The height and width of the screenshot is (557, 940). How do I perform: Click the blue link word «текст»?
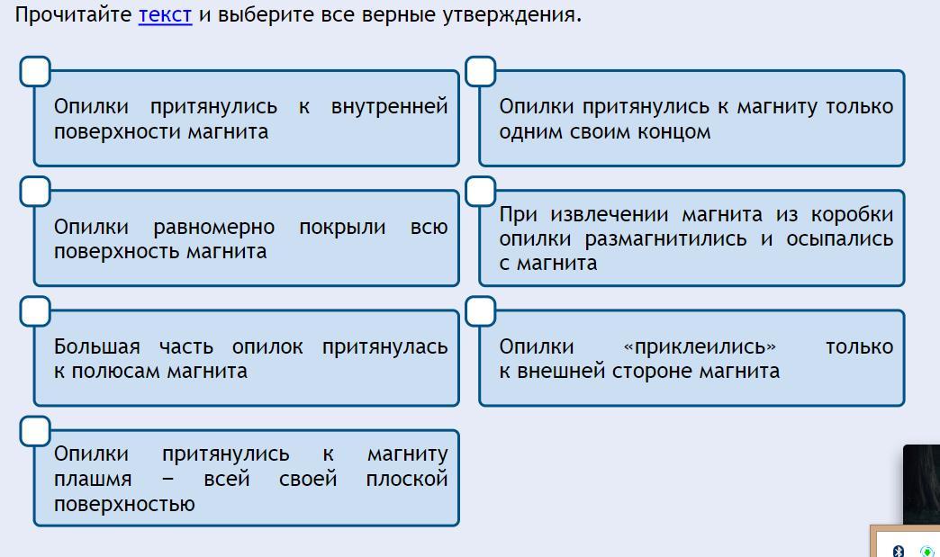(x=165, y=15)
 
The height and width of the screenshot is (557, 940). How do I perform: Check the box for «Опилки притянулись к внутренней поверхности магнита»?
(x=35, y=71)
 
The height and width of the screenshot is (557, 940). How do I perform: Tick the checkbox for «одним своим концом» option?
(x=481, y=71)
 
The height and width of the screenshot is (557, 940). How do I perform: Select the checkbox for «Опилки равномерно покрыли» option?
(x=35, y=191)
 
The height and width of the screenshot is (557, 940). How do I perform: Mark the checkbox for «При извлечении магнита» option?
(x=481, y=191)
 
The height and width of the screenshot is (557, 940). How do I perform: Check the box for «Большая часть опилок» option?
(x=35, y=311)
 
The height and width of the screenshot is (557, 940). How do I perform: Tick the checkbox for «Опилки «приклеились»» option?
(x=481, y=311)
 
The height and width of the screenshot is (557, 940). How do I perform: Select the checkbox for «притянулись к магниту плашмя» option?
(x=35, y=431)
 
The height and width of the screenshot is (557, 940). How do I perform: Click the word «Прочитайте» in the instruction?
(x=74, y=15)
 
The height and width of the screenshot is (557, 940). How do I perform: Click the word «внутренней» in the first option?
(x=389, y=106)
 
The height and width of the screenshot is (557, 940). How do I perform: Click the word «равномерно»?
(x=214, y=227)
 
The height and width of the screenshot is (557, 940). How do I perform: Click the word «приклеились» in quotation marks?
(x=699, y=346)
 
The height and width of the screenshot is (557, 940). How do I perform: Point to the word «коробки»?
(x=852, y=214)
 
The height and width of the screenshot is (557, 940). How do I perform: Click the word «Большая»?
(x=97, y=346)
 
